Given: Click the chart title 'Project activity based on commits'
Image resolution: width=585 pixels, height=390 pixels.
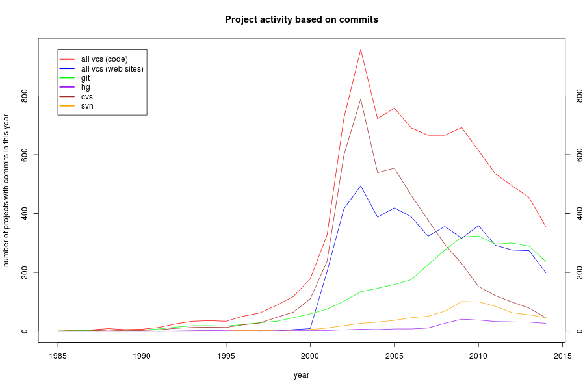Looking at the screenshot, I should (301, 19).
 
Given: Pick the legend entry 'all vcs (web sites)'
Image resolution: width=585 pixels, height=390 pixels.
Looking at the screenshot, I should (112, 68).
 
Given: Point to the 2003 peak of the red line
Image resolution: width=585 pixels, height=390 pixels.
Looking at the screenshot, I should (361, 49).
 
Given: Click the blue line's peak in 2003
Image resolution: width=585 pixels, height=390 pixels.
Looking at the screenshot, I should (361, 186).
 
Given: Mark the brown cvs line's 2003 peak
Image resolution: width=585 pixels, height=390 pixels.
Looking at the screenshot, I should (361, 99).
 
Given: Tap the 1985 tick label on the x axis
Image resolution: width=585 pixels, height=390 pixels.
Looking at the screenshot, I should (58, 355).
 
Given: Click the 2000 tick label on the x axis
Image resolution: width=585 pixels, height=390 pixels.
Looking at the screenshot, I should (310, 355).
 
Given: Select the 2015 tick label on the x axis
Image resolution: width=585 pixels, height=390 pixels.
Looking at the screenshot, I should (563, 355).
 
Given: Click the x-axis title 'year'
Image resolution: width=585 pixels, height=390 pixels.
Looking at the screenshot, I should (301, 375).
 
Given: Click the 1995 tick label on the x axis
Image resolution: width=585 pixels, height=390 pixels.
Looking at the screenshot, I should (226, 355).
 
